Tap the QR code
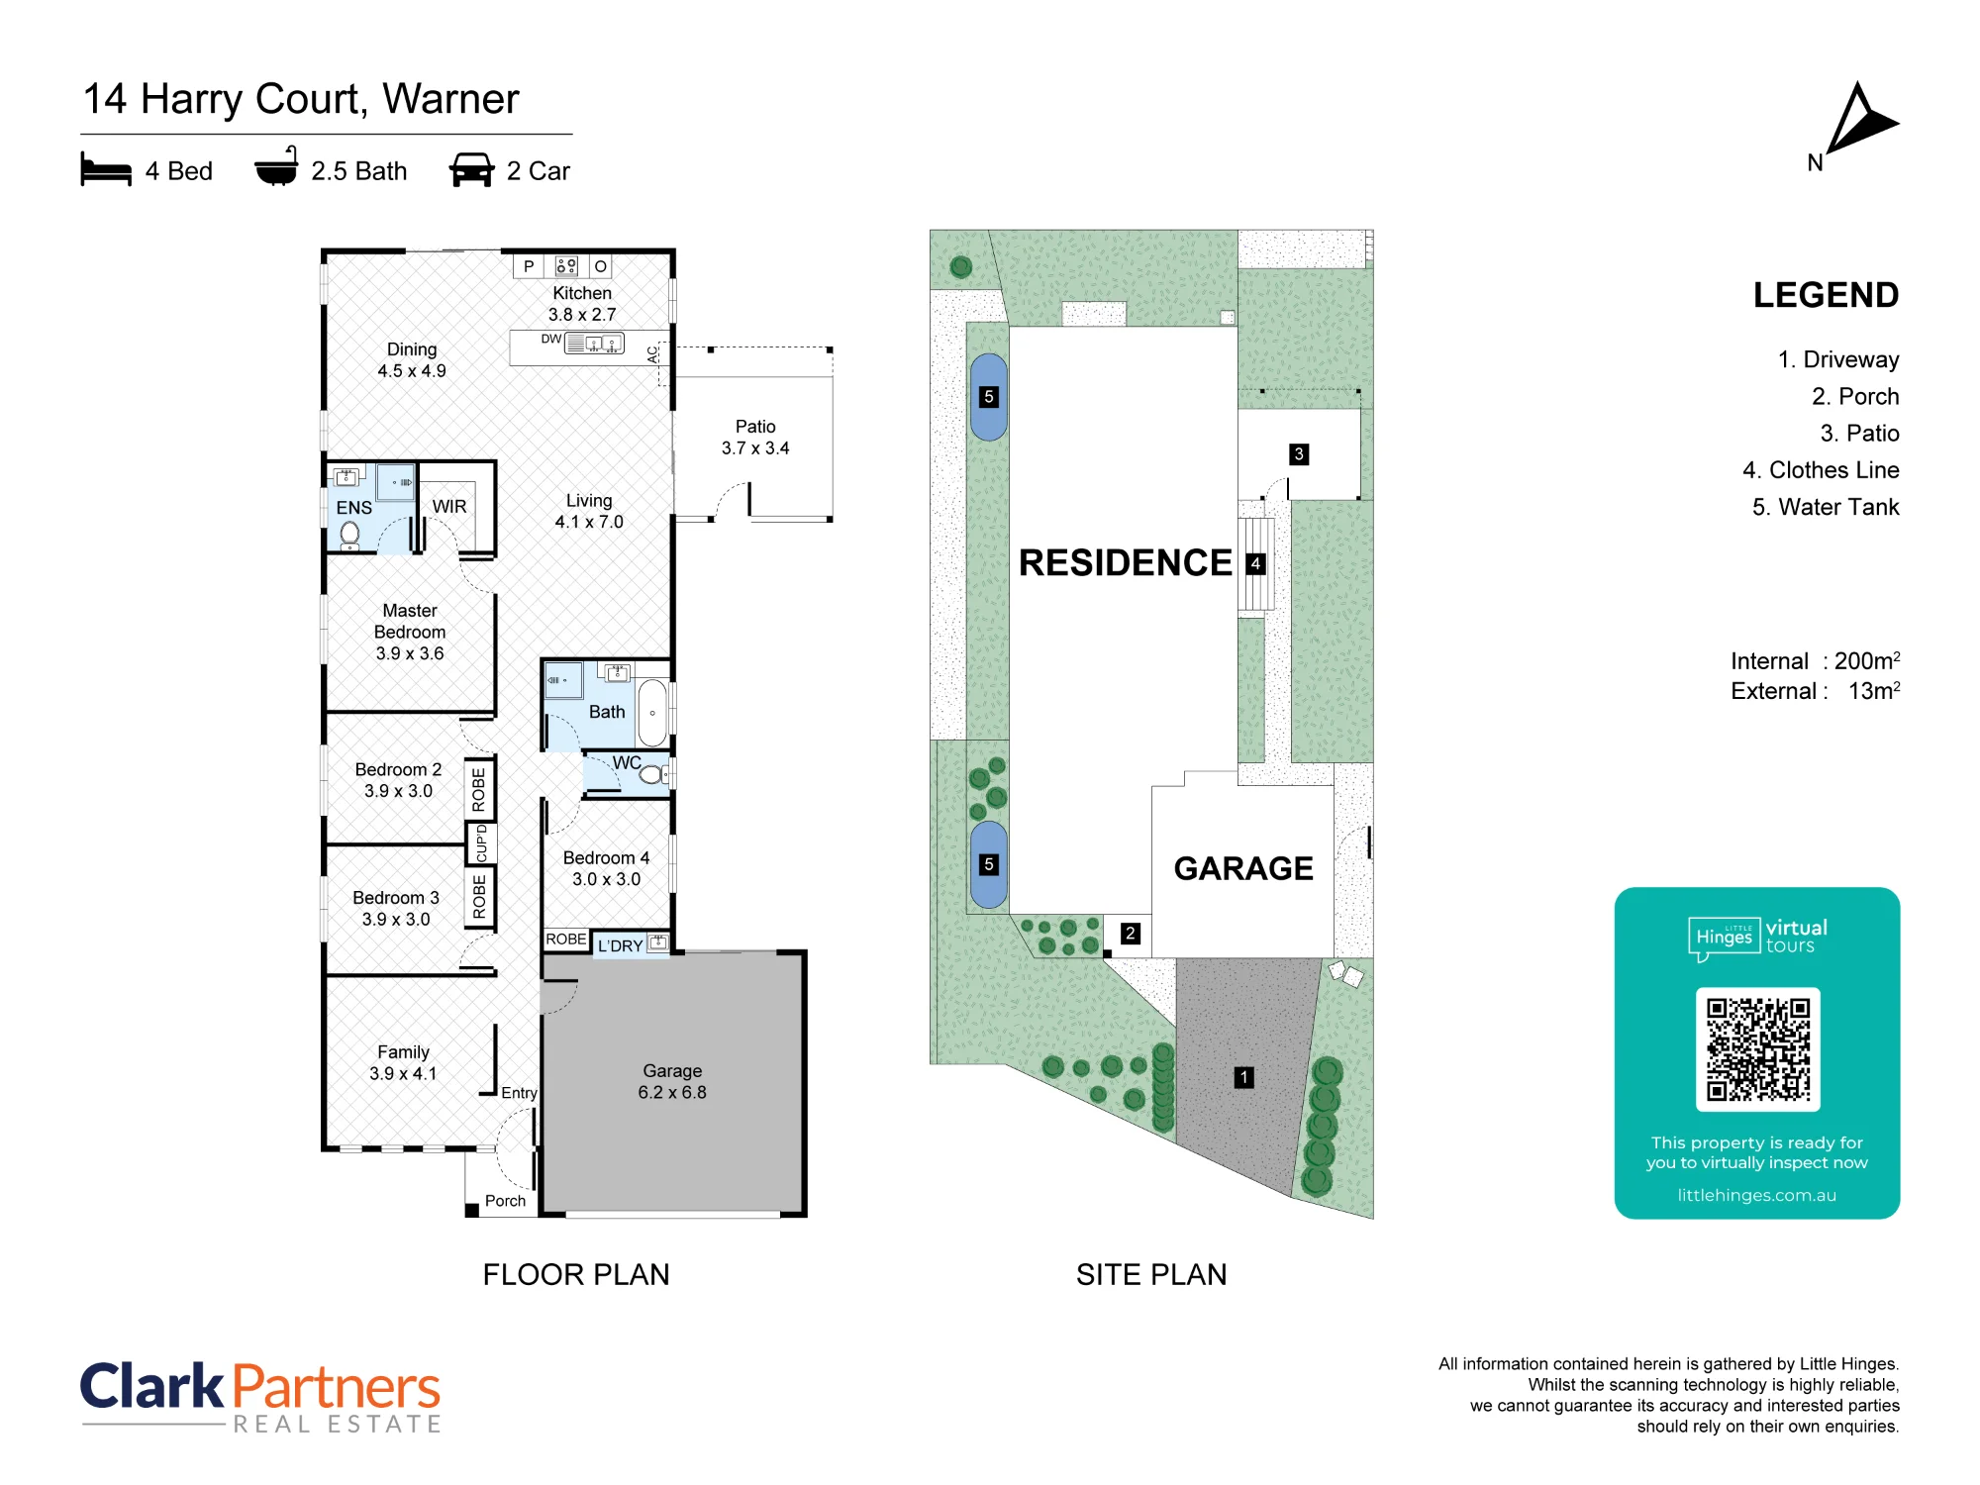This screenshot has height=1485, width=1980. [x=1757, y=1049]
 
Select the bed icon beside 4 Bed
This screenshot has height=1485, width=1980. [x=106, y=169]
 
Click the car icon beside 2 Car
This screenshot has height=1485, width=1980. [x=471, y=170]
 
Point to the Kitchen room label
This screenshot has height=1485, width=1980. [x=582, y=293]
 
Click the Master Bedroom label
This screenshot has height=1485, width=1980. [x=410, y=622]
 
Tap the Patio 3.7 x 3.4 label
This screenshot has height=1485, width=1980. [x=755, y=437]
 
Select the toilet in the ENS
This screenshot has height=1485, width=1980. [x=349, y=536]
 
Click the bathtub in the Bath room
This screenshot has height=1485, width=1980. [x=652, y=713]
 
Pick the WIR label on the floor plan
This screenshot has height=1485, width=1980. [x=449, y=507]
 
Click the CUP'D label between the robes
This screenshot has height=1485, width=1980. [x=481, y=844]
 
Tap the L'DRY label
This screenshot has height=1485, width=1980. [x=620, y=946]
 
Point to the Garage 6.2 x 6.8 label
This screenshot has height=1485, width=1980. [x=672, y=1081]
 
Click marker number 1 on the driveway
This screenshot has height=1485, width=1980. [x=1244, y=1077]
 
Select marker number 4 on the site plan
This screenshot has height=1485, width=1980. [x=1256, y=563]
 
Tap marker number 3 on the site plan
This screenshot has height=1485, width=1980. [x=1299, y=454]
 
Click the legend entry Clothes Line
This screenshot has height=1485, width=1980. [x=1834, y=470]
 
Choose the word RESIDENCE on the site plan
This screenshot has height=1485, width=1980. [x=1126, y=562]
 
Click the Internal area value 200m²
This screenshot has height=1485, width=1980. [x=1867, y=660]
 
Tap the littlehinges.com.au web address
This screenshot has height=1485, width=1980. [x=1757, y=1195]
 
